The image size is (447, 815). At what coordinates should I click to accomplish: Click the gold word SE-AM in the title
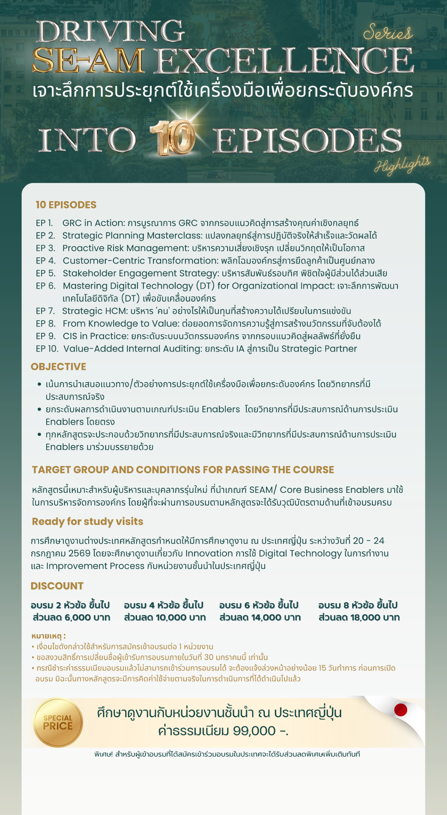pos(89,61)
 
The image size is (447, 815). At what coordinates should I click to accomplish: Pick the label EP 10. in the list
pos(47,349)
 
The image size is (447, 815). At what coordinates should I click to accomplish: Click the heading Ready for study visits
pos(87,521)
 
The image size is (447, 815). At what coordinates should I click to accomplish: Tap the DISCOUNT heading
pos(57,586)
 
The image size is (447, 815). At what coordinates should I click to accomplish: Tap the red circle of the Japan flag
pos(401,710)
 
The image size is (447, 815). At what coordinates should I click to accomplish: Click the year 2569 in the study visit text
pos(79,553)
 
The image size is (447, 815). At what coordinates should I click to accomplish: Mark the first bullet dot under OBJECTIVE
pos(39,384)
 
